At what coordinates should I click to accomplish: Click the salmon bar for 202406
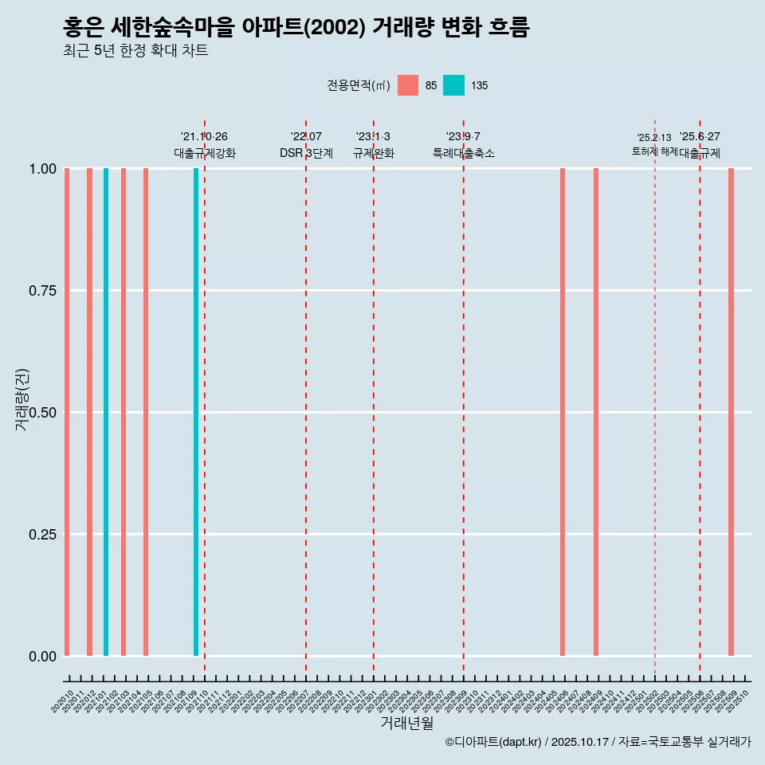563,412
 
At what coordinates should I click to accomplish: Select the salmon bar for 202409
596,412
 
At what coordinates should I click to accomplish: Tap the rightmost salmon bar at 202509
731,412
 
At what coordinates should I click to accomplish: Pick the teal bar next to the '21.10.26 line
196,412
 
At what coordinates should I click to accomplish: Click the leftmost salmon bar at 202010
67,412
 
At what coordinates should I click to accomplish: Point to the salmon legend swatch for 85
408,85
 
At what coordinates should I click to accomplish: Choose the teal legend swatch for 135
453,85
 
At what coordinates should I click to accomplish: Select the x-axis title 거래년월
406,724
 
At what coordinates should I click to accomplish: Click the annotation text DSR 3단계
306,153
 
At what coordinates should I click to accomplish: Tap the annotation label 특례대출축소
464,153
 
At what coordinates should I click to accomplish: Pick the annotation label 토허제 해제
654,151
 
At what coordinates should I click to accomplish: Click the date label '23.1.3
373,137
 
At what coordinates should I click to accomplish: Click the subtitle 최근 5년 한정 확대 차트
135,51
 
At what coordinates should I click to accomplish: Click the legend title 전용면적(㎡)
359,85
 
